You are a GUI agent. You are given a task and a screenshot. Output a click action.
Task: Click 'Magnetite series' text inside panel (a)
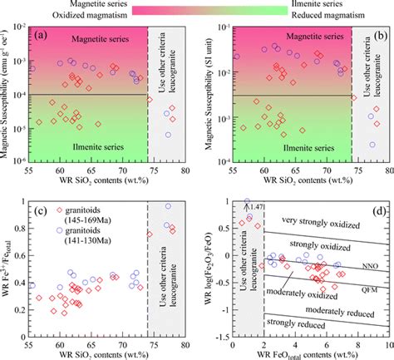point(91,39)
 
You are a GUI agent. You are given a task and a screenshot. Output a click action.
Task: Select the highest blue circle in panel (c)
point(168,206)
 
